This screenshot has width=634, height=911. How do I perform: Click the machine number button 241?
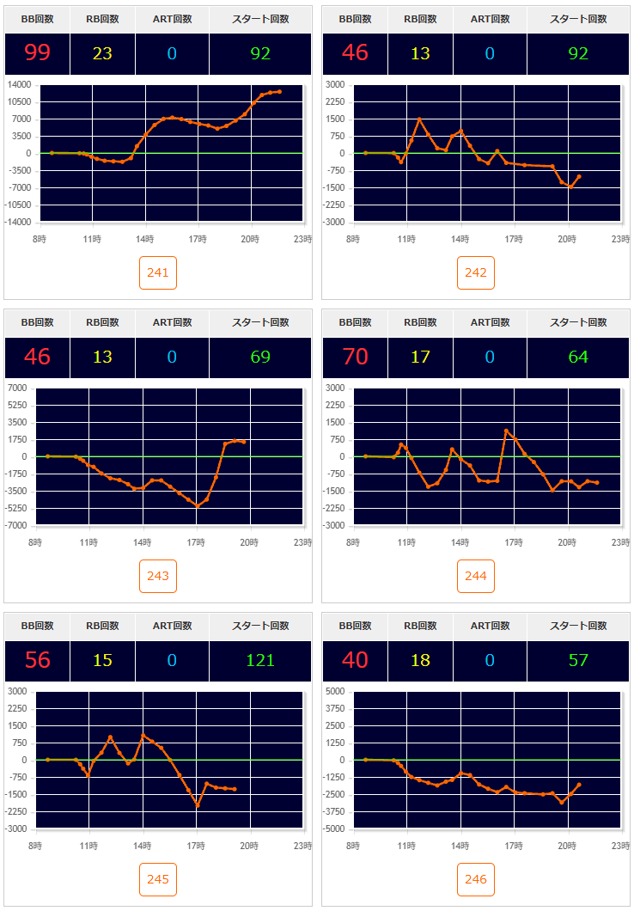click(158, 272)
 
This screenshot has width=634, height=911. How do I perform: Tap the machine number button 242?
click(476, 272)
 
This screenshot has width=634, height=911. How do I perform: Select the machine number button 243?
click(158, 576)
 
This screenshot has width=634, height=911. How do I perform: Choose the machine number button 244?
click(476, 576)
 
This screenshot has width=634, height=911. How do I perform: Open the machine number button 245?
click(158, 879)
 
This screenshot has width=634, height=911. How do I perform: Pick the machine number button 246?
click(476, 879)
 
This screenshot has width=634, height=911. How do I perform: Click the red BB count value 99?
click(37, 53)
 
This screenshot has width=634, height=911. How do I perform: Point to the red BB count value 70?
click(355, 357)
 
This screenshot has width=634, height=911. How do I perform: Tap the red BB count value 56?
click(37, 660)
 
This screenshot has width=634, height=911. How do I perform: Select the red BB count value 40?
click(355, 660)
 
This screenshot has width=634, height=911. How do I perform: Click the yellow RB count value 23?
click(102, 53)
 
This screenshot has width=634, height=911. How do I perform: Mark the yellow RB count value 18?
click(420, 660)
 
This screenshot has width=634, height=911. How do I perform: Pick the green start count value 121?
click(260, 660)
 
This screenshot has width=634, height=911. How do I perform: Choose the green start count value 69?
click(260, 357)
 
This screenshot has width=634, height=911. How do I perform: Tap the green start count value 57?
click(578, 660)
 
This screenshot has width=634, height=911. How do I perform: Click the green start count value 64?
click(578, 357)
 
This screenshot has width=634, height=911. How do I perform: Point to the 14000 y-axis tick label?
click(18, 84)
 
